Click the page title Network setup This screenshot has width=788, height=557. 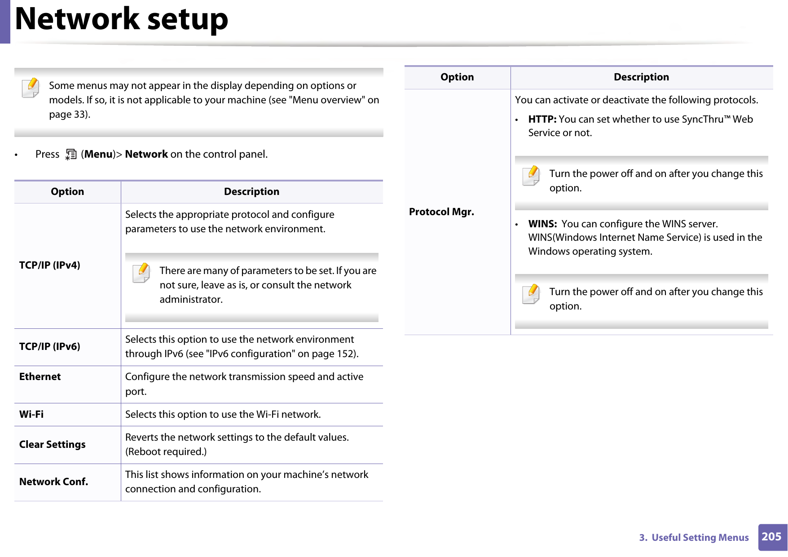click(121, 20)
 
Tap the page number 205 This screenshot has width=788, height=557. click(771, 537)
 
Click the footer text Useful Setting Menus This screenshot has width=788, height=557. click(700, 538)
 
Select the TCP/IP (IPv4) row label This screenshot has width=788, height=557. click(50, 265)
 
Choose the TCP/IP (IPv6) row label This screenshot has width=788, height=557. click(50, 347)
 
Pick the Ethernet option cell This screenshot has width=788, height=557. click(40, 377)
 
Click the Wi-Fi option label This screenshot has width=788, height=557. click(31, 415)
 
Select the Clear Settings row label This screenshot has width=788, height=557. click(53, 445)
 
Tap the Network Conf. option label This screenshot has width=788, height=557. click(54, 482)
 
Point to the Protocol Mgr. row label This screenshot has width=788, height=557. click(441, 212)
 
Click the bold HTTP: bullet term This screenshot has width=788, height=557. click(542, 119)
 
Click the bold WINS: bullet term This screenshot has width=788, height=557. click(542, 224)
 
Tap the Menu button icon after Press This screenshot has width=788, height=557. click(71, 155)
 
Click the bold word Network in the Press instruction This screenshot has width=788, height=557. click(146, 155)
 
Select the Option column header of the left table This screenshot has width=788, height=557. click(67, 192)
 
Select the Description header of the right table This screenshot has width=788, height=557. click(641, 77)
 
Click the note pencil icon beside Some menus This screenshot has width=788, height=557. click(31, 88)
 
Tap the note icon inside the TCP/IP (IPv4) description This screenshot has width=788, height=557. click(141, 273)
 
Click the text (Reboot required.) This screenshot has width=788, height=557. click(166, 452)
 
